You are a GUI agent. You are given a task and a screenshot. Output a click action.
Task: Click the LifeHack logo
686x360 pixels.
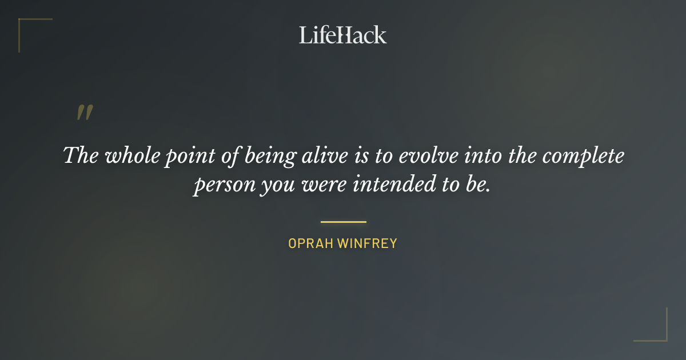tap(343, 34)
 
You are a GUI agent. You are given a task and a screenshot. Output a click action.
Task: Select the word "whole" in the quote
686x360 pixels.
tap(133, 155)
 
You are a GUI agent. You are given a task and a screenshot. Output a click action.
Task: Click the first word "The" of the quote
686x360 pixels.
tap(81, 155)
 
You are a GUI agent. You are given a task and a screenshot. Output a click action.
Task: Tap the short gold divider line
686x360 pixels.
tap(343, 222)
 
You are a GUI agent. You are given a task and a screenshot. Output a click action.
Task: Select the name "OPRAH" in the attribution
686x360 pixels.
tap(311, 243)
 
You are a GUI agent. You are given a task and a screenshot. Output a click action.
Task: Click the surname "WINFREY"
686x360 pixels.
tap(367, 243)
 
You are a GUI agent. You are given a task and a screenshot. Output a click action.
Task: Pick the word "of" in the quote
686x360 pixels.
tap(228, 155)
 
